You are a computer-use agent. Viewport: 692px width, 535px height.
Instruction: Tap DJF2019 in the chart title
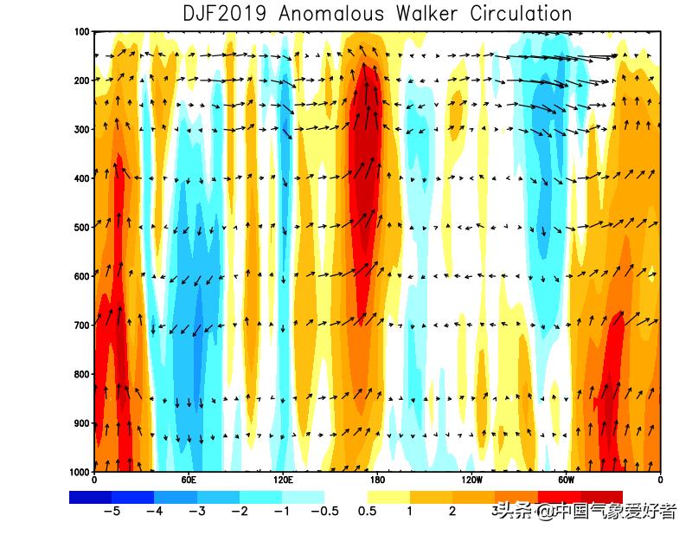[225, 14]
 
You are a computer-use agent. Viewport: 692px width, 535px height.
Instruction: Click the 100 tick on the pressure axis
[83, 32]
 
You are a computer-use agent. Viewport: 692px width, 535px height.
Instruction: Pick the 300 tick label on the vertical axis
[83, 130]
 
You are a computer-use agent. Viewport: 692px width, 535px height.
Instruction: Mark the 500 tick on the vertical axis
[83, 228]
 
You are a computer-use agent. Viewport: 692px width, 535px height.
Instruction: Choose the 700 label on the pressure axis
[83, 326]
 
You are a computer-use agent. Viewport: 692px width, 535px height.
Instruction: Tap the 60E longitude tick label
[189, 480]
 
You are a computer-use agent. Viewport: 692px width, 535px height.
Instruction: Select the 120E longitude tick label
[283, 480]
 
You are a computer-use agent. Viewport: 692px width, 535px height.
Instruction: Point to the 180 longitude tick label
[377, 480]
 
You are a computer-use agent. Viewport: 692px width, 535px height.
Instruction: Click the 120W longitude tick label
[471, 480]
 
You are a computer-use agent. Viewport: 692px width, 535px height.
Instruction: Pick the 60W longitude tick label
[566, 480]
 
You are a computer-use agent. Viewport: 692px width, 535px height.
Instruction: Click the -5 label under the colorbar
[111, 511]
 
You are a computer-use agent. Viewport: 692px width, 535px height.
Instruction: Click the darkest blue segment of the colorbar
[90, 497]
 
